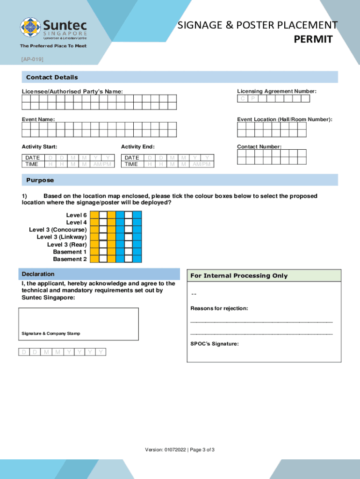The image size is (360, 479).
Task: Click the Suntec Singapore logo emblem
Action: [30, 29]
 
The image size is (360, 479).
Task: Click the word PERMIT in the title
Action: [313, 39]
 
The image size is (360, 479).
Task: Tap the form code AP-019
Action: [32, 60]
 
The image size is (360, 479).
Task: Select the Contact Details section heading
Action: [52, 77]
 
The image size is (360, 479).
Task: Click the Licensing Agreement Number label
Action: [276, 91]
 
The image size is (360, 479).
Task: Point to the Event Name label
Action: [38, 119]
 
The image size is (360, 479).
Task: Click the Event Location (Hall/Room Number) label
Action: [284, 119]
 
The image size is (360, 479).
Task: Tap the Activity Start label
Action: [43, 147]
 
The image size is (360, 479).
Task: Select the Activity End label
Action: [137, 147]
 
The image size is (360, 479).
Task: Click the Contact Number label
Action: [259, 147]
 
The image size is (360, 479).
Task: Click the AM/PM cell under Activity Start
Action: [102, 164]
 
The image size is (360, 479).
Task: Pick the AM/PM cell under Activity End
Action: [202, 164]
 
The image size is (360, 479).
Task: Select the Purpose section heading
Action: [40, 180]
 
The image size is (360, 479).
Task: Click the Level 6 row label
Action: [76, 215]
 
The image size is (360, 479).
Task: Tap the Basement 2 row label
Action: [70, 259]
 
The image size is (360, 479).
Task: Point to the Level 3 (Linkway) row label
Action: [62, 237]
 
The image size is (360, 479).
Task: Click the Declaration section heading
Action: [38, 274]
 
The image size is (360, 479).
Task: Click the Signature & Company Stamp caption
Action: [50, 334]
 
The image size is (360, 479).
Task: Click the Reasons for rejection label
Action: [219, 309]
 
